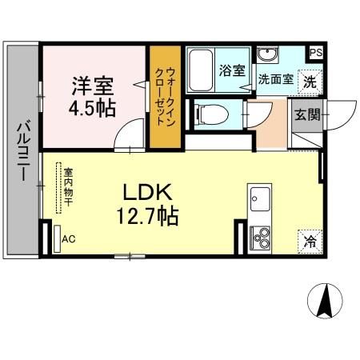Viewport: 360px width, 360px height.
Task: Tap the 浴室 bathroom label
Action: [x=231, y=70]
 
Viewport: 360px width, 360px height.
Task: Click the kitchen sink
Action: [x=259, y=197]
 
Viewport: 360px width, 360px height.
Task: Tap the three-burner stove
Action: [x=260, y=237]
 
